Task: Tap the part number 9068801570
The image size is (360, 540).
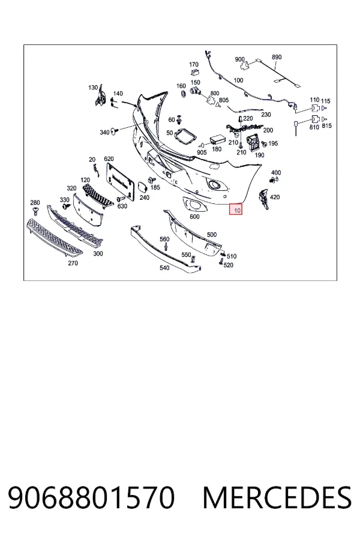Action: point(91,497)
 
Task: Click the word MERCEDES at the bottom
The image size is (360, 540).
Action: point(277,497)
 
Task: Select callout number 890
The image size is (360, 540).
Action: point(277,57)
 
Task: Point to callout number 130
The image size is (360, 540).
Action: point(93,88)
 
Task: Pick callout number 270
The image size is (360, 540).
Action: point(73,263)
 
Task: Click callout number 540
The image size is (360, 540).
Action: point(164,268)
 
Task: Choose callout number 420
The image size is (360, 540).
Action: point(275,197)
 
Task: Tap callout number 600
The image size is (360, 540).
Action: point(194,217)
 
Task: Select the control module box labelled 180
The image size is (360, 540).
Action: point(217,139)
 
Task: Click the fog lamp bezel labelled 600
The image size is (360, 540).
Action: point(194,205)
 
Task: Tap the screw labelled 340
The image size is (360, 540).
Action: point(115,131)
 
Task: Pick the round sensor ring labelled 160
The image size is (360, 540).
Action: point(183,94)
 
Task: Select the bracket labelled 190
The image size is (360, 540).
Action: point(254,142)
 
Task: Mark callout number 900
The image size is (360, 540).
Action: point(240,59)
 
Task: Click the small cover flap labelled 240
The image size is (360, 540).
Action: point(142,187)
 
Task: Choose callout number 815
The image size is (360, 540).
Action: point(326,126)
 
